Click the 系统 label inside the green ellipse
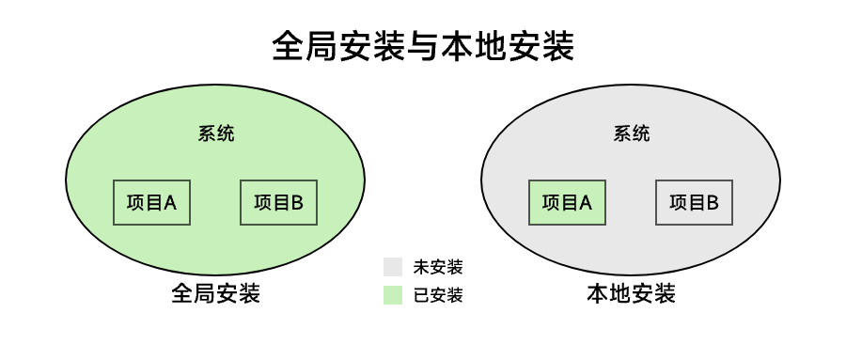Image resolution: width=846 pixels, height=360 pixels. [x=216, y=133]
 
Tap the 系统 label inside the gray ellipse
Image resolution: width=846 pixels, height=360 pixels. [x=631, y=133]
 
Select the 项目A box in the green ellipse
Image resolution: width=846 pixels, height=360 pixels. [x=151, y=201]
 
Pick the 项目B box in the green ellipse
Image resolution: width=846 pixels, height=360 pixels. [x=279, y=201]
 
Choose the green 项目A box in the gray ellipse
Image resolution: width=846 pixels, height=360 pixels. [x=567, y=201]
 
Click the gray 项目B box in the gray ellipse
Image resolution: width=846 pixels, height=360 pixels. [x=694, y=201]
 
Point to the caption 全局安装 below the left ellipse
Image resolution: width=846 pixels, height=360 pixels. [x=216, y=293]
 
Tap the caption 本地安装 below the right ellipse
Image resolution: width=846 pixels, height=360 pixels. [x=631, y=293]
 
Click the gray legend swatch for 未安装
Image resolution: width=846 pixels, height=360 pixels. [x=393, y=267]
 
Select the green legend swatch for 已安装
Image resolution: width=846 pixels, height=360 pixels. [x=393, y=295]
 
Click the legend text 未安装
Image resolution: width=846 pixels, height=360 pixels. [x=438, y=267]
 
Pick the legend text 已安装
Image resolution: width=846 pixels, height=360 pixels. [x=438, y=295]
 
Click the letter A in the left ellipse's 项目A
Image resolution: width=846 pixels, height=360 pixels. [x=170, y=201]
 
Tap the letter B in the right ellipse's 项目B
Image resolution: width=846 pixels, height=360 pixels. [x=713, y=201]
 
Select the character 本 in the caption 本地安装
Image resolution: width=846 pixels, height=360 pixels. [x=598, y=293]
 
